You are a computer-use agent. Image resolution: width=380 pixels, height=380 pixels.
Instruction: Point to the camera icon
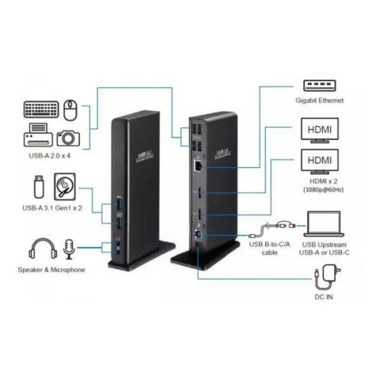pyautogui.click(x=67, y=137)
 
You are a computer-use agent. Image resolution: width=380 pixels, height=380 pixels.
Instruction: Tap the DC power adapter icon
pyautogui.click(x=332, y=274)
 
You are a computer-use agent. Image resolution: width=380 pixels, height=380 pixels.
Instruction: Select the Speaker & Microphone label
pyautogui.click(x=51, y=271)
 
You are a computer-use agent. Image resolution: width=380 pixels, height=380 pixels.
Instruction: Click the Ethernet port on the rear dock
pyautogui.click(x=198, y=163)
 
